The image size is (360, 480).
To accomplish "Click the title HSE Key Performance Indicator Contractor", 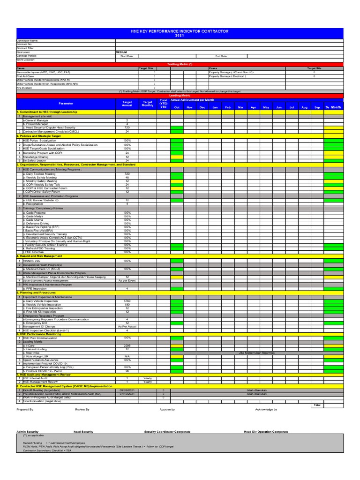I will [x=180, y=31].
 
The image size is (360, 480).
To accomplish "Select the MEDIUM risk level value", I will [x=121, y=52].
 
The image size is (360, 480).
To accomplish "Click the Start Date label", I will [x=127, y=56].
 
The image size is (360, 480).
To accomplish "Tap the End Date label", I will [x=221, y=56].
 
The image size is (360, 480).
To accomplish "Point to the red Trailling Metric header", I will [x=180, y=64].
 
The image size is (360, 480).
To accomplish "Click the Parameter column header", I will [x=66, y=103].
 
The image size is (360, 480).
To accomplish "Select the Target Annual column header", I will [x=127, y=103].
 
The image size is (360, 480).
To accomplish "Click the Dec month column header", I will [x=202, y=107].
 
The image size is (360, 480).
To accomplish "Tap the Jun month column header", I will [x=278, y=107].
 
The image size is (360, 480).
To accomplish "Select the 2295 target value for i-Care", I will [x=127, y=345].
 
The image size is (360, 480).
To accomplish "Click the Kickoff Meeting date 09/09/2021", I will [x=127, y=390].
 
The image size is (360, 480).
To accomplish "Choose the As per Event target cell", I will [x=127, y=280].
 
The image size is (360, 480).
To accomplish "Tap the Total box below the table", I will [x=317, y=405].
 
